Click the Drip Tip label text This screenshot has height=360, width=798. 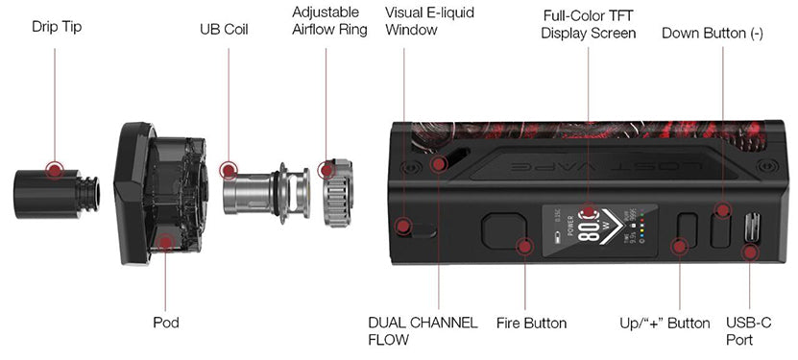pyautogui.click(x=57, y=27)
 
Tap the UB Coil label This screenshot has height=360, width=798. pyautogui.click(x=224, y=30)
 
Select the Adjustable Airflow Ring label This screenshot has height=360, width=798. pyautogui.click(x=329, y=21)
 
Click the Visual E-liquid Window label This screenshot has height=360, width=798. pyautogui.click(x=429, y=21)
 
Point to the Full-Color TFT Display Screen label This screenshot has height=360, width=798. pyautogui.click(x=589, y=24)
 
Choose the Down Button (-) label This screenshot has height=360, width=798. pyautogui.click(x=713, y=34)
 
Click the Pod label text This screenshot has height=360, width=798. pyautogui.click(x=166, y=323)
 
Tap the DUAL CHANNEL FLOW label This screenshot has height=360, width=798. pyautogui.click(x=423, y=331)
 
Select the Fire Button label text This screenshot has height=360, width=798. pyautogui.click(x=531, y=324)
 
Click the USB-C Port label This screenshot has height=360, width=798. pyautogui.click(x=749, y=331)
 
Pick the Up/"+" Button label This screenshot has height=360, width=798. pyautogui.click(x=665, y=324)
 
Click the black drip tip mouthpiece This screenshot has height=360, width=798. pyautogui.click(x=56, y=194)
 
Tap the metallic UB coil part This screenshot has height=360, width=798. pyautogui.click(x=267, y=192)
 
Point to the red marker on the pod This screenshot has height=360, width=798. pyautogui.click(x=165, y=242)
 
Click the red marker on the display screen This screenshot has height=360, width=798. pyautogui.click(x=589, y=211)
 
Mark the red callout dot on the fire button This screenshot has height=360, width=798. pyautogui.click(x=524, y=247)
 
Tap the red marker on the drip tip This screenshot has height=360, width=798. pyautogui.click(x=55, y=170)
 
